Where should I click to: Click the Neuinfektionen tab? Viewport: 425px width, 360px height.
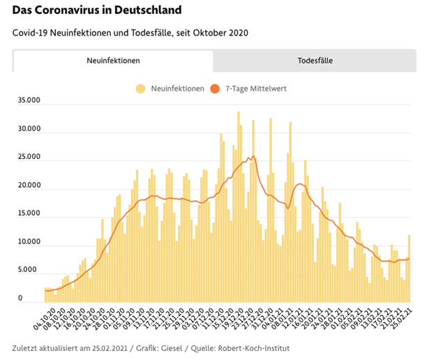[x=113, y=61]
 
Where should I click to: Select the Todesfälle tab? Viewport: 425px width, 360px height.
[x=315, y=61]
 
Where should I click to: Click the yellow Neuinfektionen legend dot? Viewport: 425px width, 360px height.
[x=141, y=89]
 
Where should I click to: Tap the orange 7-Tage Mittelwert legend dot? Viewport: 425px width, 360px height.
[x=215, y=89]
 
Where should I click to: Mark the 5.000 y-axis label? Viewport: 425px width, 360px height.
[x=29, y=270]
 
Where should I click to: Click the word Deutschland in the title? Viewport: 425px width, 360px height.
[x=147, y=11]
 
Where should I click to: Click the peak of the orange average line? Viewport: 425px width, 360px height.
[x=253, y=156]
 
